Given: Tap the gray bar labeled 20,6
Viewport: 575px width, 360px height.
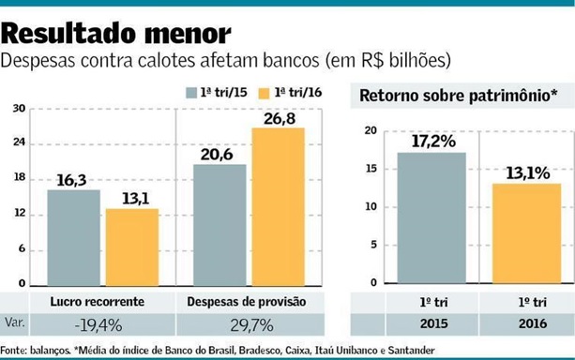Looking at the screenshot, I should [x=219, y=224].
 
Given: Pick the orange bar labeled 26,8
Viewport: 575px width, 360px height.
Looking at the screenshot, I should [x=278, y=205].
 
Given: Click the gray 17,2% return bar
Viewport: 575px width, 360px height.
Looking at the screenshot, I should [x=431, y=217].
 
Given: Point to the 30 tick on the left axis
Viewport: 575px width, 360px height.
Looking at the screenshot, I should [x=19, y=108].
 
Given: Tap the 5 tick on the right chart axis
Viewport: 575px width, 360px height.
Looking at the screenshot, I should [x=372, y=245].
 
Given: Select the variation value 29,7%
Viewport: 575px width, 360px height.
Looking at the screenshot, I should [x=250, y=324].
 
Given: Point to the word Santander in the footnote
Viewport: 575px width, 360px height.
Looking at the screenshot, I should [x=405, y=351].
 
